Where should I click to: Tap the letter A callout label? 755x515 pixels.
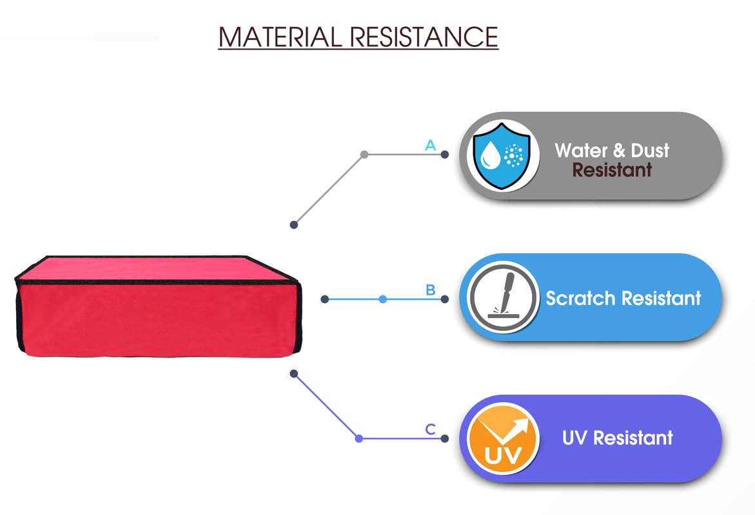430,145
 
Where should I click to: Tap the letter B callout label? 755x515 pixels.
430,290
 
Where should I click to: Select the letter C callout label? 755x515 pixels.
430,429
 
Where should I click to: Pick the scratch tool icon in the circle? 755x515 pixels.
503,297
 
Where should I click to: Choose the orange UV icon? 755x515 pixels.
503,438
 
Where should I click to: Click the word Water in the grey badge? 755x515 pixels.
581,151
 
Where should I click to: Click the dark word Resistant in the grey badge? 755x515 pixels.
612,170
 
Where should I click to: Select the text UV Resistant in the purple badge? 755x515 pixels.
617,438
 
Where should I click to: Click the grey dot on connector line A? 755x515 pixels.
364,154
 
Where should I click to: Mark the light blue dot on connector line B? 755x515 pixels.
383,299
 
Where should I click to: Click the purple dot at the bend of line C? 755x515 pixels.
359,438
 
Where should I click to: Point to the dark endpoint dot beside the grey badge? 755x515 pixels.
444,154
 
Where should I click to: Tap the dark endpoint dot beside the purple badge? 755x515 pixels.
444,438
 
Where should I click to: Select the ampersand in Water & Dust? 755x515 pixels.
618,151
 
